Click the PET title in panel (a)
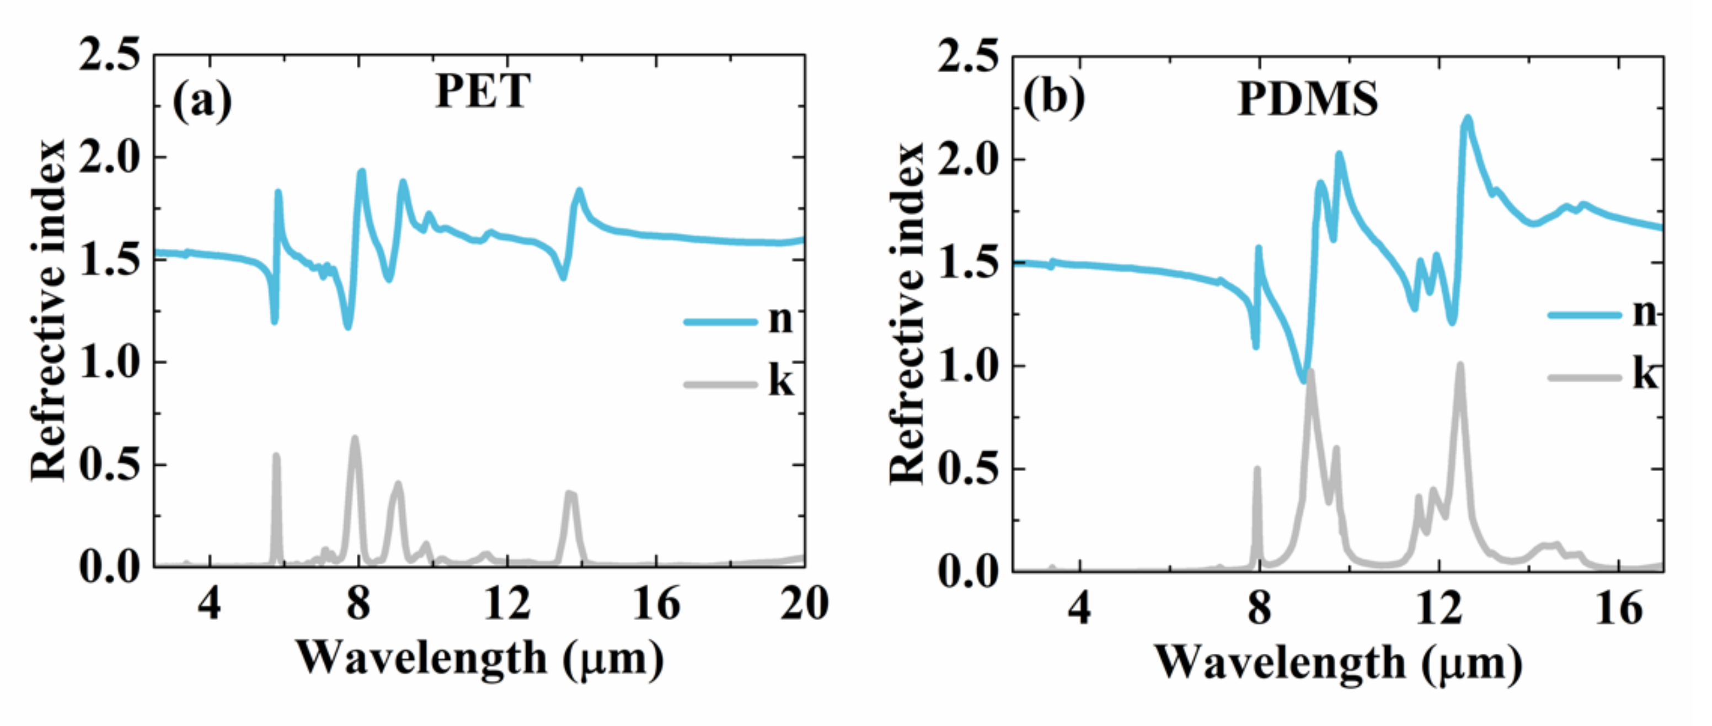click(483, 91)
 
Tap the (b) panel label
click(1054, 97)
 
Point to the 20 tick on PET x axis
click(804, 604)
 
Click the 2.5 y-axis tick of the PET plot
click(110, 55)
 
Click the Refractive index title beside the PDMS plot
click(908, 312)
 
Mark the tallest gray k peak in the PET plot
click(355, 439)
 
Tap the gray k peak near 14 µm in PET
click(570, 494)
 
